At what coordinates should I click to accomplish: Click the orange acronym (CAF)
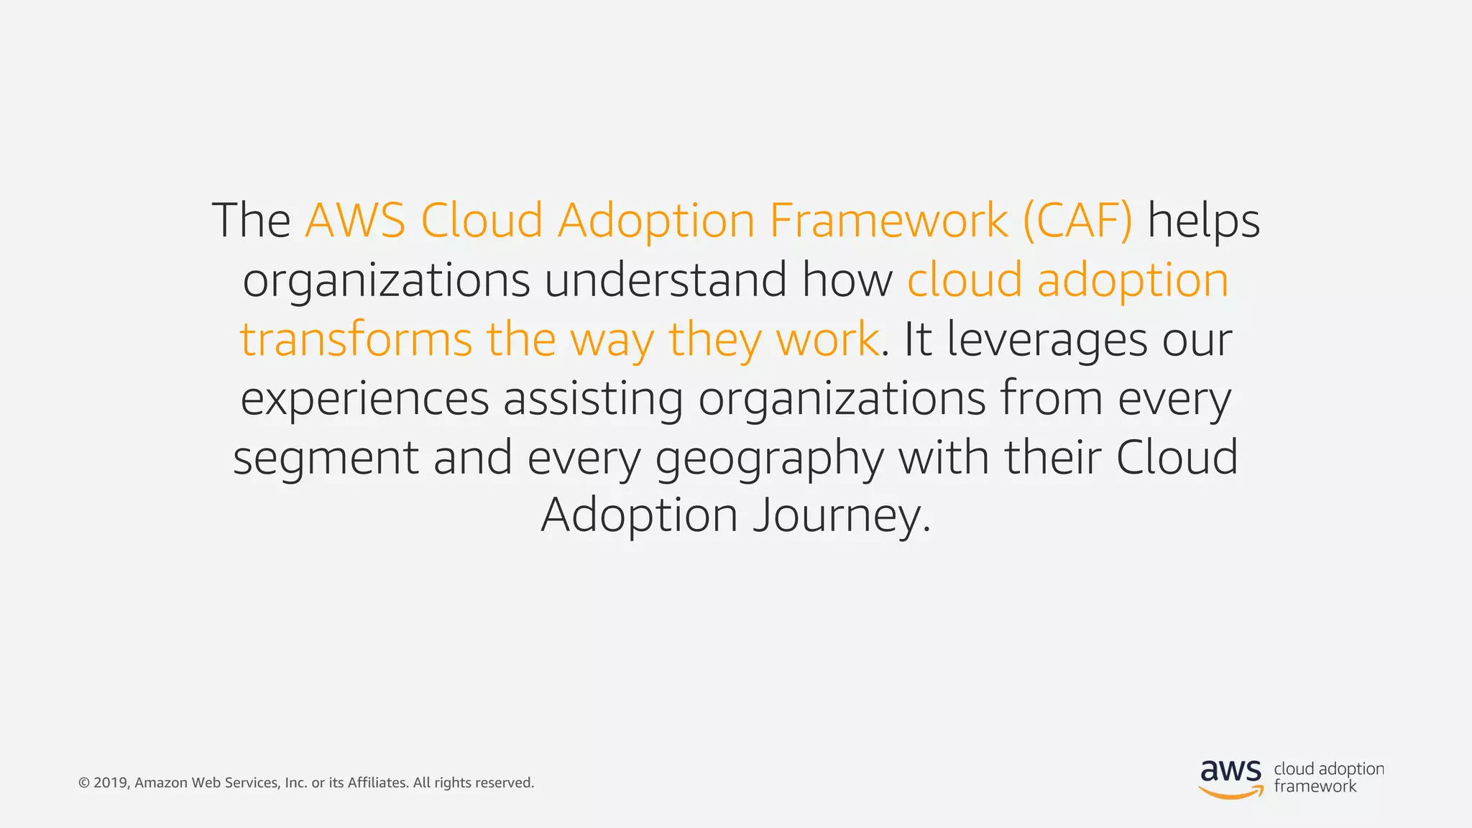pos(1077,221)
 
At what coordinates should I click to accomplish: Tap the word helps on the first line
pos(1203,221)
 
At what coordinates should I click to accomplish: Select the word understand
pos(665,280)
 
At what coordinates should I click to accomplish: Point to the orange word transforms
pos(356,339)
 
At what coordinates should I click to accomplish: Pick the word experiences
pos(364,399)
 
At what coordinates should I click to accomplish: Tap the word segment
pos(326,459)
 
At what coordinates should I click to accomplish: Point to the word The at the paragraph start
pos(251,221)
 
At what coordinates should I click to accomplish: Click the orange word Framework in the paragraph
pos(888,221)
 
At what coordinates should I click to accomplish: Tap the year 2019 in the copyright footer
pos(111,783)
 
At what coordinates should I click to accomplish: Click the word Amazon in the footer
pos(161,783)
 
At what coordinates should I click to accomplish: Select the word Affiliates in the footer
pos(378,783)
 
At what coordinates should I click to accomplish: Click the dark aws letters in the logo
pos(1230,770)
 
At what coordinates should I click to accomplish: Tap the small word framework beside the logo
pos(1315,786)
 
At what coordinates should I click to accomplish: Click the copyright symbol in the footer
pos(83,783)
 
